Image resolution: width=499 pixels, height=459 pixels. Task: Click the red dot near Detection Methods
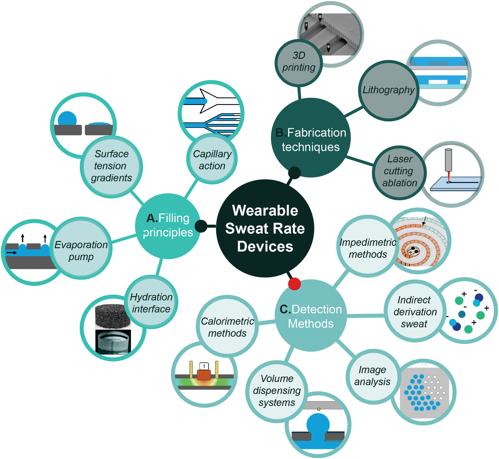click(x=294, y=284)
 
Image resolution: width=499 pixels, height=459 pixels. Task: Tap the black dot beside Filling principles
click(x=201, y=226)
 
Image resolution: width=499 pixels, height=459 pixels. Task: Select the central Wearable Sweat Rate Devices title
click(x=265, y=228)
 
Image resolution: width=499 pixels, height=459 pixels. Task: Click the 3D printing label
click(x=299, y=61)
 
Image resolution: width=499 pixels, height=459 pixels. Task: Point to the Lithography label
click(x=388, y=90)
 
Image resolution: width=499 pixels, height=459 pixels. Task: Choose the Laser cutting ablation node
click(x=399, y=172)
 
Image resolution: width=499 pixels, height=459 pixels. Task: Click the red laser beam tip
click(x=449, y=182)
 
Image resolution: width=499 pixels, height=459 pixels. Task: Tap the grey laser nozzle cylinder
click(x=448, y=160)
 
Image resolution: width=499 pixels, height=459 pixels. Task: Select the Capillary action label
click(x=212, y=160)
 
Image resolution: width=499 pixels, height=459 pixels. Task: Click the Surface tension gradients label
click(x=111, y=166)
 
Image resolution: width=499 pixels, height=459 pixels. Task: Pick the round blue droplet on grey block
click(x=67, y=118)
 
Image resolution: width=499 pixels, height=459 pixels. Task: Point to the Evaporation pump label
click(x=81, y=250)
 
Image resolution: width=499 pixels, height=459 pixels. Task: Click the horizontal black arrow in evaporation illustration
click(x=11, y=252)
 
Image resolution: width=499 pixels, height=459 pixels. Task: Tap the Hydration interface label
click(x=151, y=303)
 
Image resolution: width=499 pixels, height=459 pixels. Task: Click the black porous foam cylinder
click(x=113, y=317)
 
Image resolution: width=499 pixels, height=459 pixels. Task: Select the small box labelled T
click(x=204, y=366)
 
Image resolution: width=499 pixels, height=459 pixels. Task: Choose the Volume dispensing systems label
click(x=277, y=390)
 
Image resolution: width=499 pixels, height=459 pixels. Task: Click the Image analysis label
click(x=372, y=376)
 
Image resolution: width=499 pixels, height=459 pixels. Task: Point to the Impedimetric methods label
click(x=368, y=248)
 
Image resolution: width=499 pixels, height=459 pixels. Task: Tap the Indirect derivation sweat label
click(x=415, y=312)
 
